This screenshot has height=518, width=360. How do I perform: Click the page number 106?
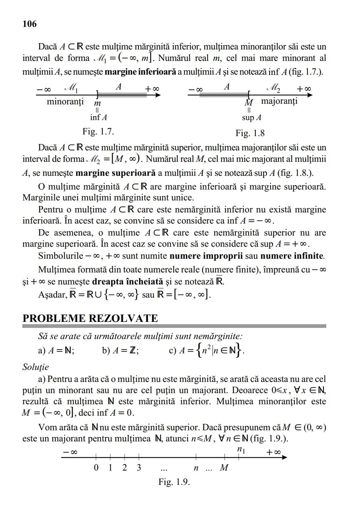click(30, 24)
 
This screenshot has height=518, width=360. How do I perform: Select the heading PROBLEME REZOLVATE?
click(90, 318)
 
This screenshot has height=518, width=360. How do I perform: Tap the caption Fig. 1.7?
click(98, 131)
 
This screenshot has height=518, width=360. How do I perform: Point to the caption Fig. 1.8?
click(250, 133)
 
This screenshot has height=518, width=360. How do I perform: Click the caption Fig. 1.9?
click(174, 482)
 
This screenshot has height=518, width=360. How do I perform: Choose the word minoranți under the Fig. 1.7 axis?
click(65, 101)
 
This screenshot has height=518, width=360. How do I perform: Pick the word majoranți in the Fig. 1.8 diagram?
click(279, 101)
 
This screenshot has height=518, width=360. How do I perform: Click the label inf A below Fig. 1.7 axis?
click(98, 117)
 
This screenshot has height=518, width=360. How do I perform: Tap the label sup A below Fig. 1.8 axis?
click(252, 117)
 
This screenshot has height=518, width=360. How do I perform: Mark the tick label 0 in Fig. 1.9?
click(96, 468)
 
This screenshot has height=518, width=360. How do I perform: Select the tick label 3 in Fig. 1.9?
click(139, 468)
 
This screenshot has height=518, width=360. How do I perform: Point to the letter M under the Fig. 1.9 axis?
click(224, 468)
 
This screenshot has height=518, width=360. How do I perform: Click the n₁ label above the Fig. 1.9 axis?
click(241, 450)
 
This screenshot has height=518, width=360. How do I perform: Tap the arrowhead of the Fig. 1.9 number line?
click(284, 457)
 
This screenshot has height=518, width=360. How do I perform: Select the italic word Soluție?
click(36, 367)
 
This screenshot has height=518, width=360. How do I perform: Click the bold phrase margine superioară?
click(115, 173)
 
